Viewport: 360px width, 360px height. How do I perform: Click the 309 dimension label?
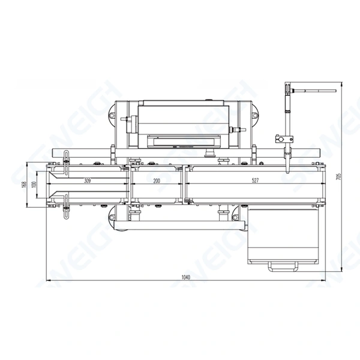(88, 181)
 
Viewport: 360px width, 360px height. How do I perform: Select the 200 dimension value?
(157, 181)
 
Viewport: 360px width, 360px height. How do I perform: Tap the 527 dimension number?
(255, 181)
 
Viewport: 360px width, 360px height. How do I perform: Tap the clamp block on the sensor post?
(281, 139)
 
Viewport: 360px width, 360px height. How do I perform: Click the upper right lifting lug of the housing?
(257, 114)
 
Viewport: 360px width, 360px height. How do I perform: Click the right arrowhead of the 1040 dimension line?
(323, 281)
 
